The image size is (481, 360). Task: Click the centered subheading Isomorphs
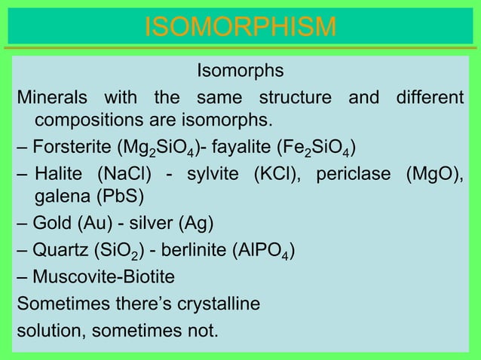tap(240, 72)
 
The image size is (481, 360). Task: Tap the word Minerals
tap(51, 99)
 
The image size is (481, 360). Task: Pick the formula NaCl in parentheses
tap(124, 175)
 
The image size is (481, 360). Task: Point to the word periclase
tap(354, 175)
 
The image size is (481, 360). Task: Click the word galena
tap(60, 197)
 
